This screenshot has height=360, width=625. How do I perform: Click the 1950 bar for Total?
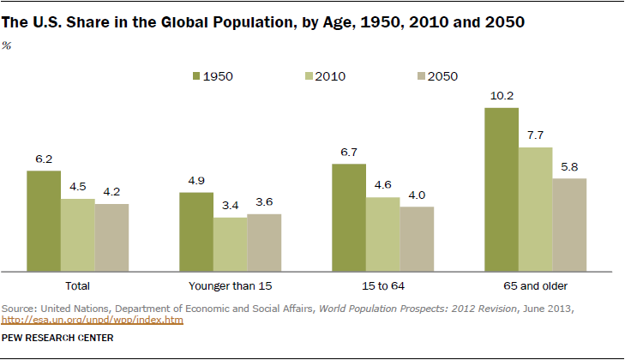[x=43, y=219]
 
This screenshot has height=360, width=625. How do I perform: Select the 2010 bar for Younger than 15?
[x=230, y=243]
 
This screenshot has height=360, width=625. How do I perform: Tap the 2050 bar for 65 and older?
[x=569, y=224]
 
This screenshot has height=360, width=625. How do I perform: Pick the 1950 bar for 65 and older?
[x=502, y=189]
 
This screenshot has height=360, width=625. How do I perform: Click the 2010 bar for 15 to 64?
[x=382, y=233]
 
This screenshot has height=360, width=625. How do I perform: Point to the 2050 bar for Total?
[x=111, y=237]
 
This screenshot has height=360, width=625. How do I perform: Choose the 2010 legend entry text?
[x=330, y=75]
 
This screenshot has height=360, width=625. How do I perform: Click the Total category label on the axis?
[x=77, y=285]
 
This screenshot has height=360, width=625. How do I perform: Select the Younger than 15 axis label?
[x=230, y=285]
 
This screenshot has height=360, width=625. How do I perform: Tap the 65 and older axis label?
[x=536, y=285]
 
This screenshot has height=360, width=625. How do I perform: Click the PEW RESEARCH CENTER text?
[x=58, y=338]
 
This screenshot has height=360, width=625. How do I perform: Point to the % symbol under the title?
[x=8, y=45]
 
